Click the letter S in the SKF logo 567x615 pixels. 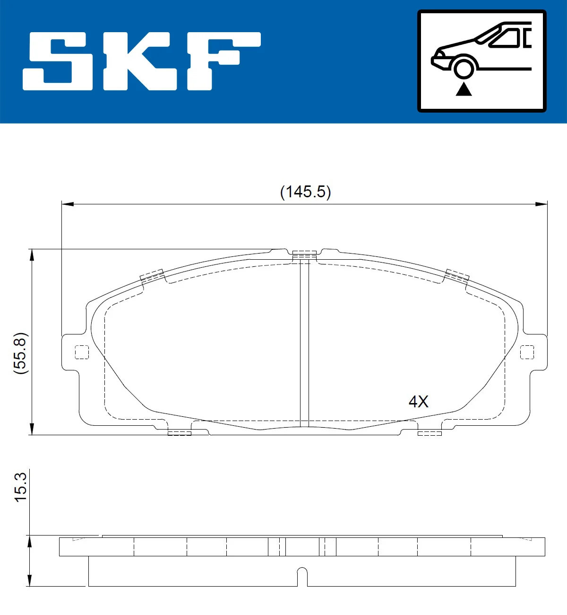pos(58,61)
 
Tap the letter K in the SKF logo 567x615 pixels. pos(140,61)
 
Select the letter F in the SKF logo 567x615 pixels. pos(224,61)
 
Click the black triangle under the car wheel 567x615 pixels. pos(464,89)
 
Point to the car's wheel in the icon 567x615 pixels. pos(464,69)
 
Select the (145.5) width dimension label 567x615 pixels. pos(305,192)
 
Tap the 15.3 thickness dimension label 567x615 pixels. pos(21,487)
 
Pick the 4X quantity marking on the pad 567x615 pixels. pos(419,402)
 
